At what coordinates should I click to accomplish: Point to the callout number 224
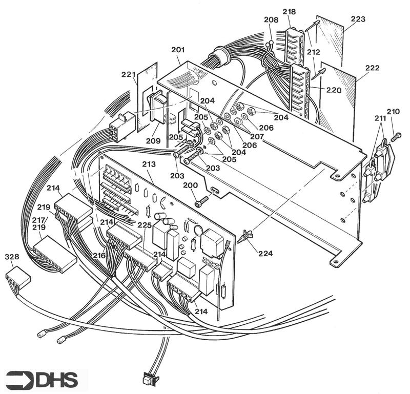[x=265, y=253]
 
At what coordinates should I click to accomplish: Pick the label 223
[x=358, y=19]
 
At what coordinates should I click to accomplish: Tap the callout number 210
[x=393, y=111]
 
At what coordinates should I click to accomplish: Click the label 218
[x=289, y=11]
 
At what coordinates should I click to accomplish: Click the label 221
[x=128, y=74]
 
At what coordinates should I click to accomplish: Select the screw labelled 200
[x=202, y=201]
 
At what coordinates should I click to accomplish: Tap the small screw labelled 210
[x=396, y=137]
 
